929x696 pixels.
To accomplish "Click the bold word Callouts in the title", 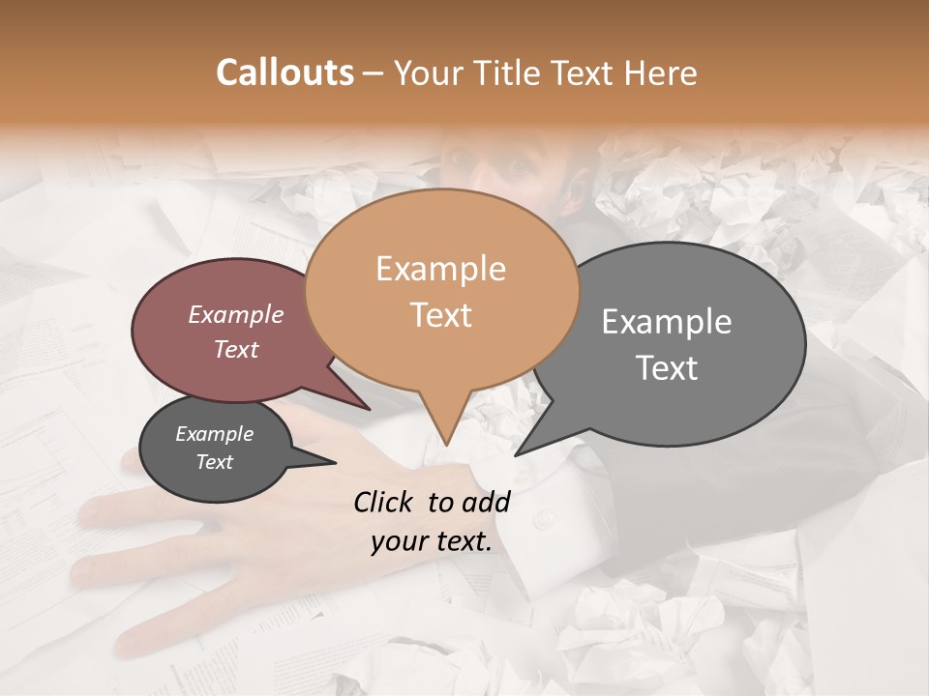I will click(285, 72).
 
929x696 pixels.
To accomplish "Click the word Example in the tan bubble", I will click(440, 269).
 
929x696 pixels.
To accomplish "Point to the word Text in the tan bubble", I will click(440, 315).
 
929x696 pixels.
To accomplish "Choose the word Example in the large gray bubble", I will click(667, 322).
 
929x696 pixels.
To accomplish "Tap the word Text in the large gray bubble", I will click(667, 368).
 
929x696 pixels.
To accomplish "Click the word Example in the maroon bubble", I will click(236, 314).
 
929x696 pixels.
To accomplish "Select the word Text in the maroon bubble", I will click(236, 349).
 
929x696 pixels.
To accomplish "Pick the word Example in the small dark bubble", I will click(214, 434).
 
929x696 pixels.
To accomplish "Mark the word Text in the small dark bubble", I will click(214, 462).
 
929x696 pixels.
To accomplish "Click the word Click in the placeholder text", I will click(385, 501).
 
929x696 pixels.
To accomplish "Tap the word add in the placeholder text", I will click(486, 501).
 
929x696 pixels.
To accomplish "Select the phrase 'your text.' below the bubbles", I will click(432, 542).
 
